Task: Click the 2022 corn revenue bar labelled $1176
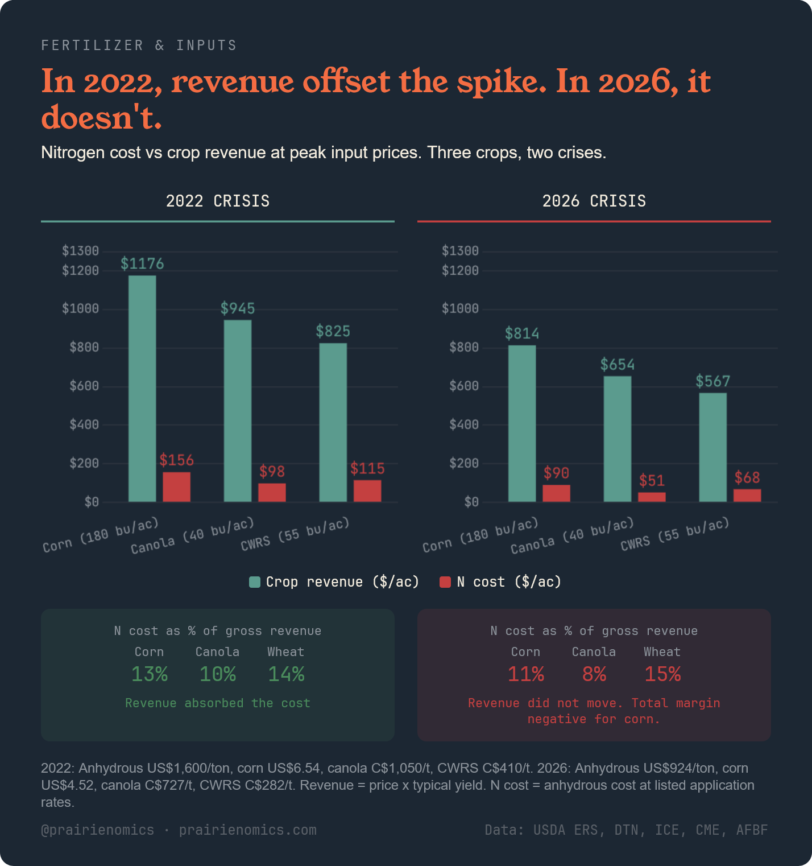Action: tap(142, 389)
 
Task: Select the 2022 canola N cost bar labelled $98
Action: tap(272, 493)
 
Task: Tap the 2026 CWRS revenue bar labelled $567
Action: tap(712, 447)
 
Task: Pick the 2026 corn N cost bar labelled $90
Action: tap(556, 493)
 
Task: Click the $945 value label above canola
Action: tap(238, 308)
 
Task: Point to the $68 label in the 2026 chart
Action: tap(747, 477)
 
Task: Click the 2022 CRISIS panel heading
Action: tap(218, 201)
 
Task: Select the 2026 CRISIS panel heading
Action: tap(594, 201)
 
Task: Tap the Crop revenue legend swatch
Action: tap(255, 582)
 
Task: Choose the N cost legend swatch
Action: tap(445, 582)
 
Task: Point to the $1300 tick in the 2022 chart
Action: tap(80, 251)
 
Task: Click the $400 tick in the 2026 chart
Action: tap(463, 424)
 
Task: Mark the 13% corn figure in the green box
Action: tap(150, 674)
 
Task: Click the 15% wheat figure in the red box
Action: tap(662, 674)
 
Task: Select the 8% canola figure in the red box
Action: tap(594, 674)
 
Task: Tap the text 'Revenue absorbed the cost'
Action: tap(218, 703)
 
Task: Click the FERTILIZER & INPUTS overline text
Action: tap(139, 46)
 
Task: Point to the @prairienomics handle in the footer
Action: tap(97, 830)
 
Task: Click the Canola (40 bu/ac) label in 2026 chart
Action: tap(571, 536)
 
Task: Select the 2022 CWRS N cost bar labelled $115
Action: tap(367, 491)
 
